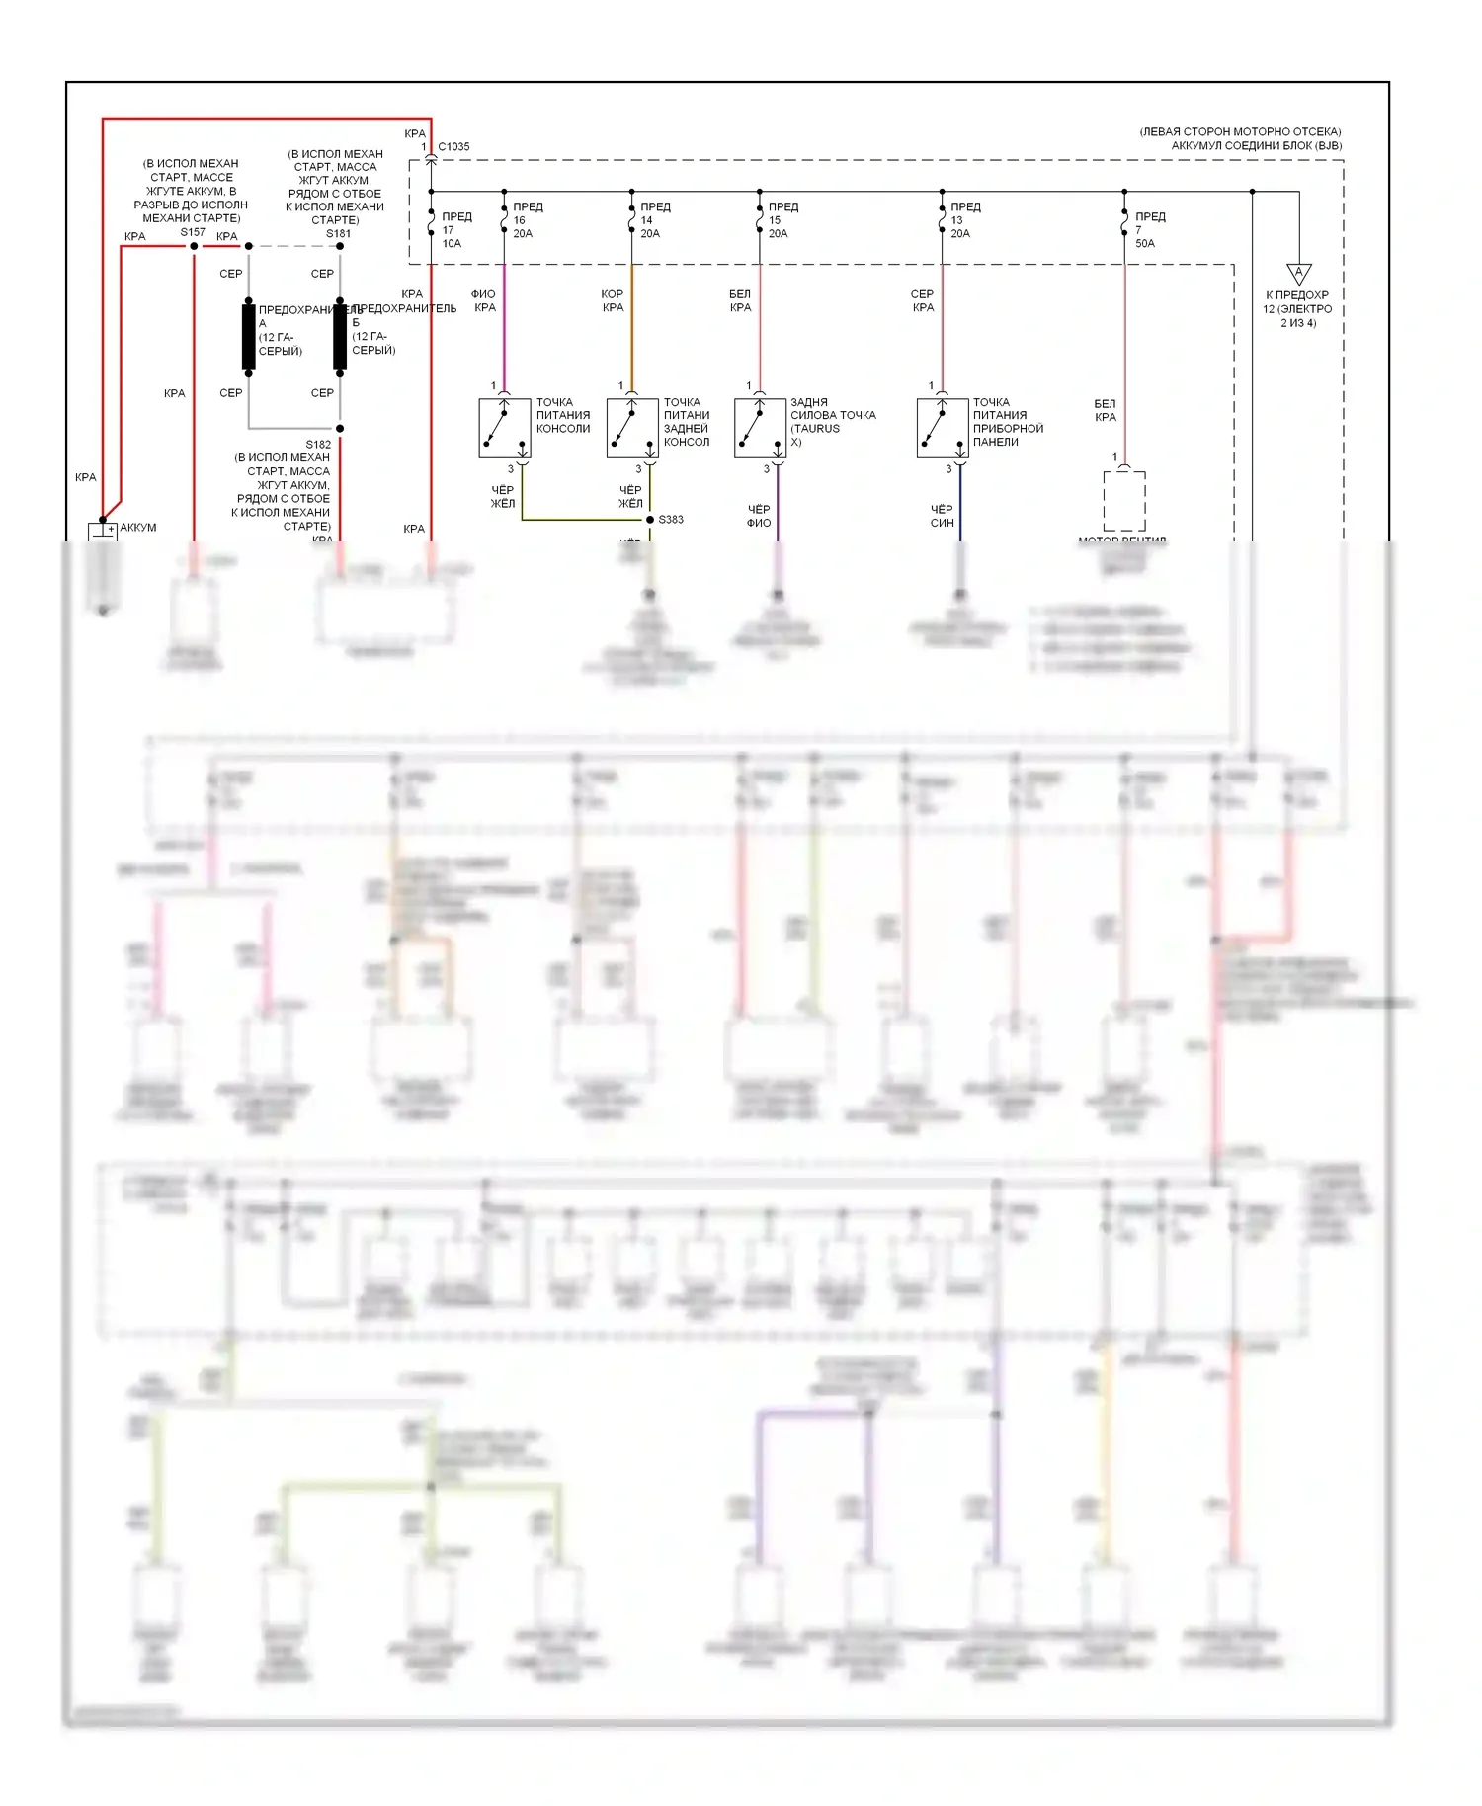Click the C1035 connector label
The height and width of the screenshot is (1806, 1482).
tap(453, 147)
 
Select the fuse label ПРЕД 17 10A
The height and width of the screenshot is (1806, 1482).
tap(455, 230)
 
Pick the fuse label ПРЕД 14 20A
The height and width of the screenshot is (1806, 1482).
tap(654, 220)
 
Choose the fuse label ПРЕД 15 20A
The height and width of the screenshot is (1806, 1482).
tap(782, 220)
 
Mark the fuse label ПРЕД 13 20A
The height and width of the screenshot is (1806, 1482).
tap(964, 220)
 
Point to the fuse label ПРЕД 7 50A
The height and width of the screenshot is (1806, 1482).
tap(1149, 230)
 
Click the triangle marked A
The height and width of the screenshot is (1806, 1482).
tap(1298, 274)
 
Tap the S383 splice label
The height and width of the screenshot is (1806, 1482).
tap(671, 520)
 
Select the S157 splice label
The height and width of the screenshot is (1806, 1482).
tap(193, 232)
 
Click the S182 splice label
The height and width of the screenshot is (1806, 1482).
tap(318, 445)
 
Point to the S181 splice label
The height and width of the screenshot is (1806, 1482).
tap(338, 234)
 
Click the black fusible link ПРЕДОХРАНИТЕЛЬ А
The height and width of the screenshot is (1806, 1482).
tap(249, 338)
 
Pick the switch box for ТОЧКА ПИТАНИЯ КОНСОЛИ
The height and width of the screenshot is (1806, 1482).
tap(505, 429)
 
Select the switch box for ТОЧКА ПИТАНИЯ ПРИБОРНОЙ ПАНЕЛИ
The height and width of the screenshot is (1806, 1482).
tap(942, 429)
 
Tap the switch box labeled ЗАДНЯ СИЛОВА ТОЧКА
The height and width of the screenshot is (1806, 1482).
tap(760, 429)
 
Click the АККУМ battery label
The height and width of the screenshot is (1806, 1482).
tap(138, 528)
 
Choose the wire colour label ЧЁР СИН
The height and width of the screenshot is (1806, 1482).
tap(942, 516)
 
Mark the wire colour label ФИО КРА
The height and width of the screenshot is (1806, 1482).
tap(484, 301)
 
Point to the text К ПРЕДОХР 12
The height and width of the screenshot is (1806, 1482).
tap(1297, 308)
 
